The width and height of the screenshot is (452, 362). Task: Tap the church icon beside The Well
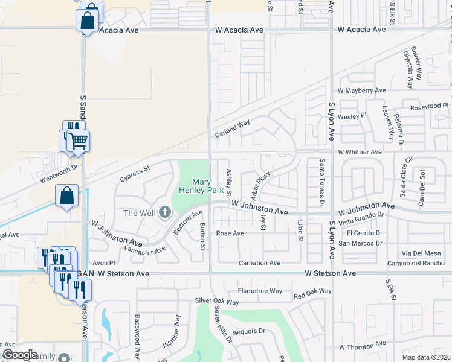165,212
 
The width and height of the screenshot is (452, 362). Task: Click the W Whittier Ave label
360,152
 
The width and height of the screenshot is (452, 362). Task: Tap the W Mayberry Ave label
361,91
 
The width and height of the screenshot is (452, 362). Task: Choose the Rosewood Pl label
430,106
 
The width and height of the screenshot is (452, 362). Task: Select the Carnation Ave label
259,263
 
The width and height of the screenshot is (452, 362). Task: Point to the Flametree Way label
260,291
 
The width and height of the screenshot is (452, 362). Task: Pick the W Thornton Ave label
362,347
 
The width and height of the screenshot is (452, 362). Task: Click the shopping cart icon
78,141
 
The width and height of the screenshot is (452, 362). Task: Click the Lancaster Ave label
144,249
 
